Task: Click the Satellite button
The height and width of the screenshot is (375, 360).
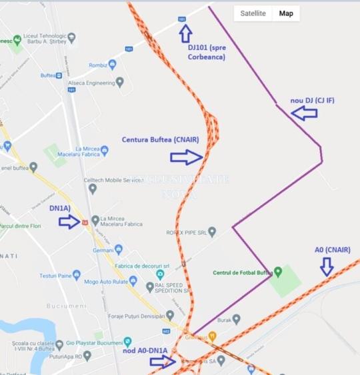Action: click(253, 13)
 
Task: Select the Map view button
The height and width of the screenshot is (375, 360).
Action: click(286, 13)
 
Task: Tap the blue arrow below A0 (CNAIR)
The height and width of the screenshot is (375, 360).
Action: click(327, 266)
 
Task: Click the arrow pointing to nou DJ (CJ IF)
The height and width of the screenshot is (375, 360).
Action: click(304, 114)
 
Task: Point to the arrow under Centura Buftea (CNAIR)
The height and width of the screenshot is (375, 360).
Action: click(185, 157)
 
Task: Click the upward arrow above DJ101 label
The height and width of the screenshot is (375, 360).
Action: click(185, 33)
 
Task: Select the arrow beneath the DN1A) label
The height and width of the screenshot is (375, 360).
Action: click(69, 222)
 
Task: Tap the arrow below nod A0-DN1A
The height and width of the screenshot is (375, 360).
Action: click(163, 362)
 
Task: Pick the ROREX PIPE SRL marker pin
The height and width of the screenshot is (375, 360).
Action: click(212, 232)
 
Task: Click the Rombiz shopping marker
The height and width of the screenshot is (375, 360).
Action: click(112, 65)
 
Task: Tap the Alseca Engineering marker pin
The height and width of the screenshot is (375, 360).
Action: click(120, 82)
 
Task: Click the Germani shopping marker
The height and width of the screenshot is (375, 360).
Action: click(119, 250)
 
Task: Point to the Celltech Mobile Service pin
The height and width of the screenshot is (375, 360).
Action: click(93, 188)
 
